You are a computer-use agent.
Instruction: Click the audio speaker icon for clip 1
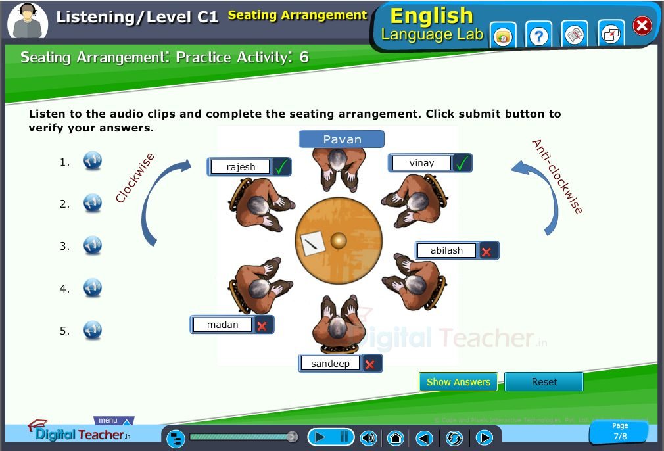[92, 160]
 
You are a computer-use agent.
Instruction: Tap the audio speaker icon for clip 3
[92, 245]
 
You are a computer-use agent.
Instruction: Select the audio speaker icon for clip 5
[92, 330]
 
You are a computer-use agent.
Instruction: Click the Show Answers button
[458, 381]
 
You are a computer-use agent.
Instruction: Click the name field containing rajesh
[241, 167]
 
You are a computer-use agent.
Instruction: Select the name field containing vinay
[421, 163]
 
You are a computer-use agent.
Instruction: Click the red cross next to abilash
[486, 252]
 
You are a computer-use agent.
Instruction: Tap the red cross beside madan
[262, 326]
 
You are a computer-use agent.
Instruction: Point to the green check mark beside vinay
[462, 163]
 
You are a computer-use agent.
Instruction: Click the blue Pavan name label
[342, 139]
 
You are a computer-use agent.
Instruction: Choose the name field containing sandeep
[330, 364]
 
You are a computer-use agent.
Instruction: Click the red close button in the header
[642, 26]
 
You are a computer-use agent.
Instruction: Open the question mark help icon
[538, 36]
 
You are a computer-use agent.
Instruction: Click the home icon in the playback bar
[396, 437]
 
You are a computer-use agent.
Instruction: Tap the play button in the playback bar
[320, 437]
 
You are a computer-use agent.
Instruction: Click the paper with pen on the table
[312, 243]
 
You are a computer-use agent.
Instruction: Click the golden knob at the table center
[339, 240]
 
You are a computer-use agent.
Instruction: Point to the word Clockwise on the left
[135, 178]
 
